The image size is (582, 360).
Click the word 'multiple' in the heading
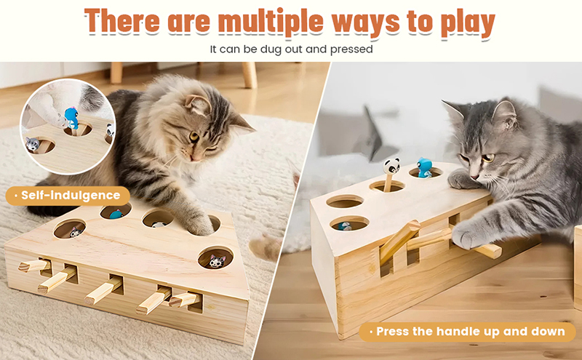click(271, 22)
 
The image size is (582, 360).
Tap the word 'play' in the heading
click(468, 24)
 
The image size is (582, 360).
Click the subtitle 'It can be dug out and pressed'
click(292, 49)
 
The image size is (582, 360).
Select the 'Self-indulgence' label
click(68, 196)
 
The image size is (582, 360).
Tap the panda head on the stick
click(391, 166)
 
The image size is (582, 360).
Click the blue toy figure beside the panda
click(424, 167)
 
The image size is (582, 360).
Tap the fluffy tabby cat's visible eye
click(194, 137)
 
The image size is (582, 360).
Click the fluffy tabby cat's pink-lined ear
click(199, 104)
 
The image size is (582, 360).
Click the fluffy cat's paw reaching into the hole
click(201, 224)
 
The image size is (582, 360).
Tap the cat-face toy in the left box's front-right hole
click(217, 261)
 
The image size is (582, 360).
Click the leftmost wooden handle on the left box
click(33, 265)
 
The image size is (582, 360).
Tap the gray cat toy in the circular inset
click(33, 143)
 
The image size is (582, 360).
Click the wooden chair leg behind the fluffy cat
click(250, 75)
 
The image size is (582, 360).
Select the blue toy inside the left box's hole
click(116, 214)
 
